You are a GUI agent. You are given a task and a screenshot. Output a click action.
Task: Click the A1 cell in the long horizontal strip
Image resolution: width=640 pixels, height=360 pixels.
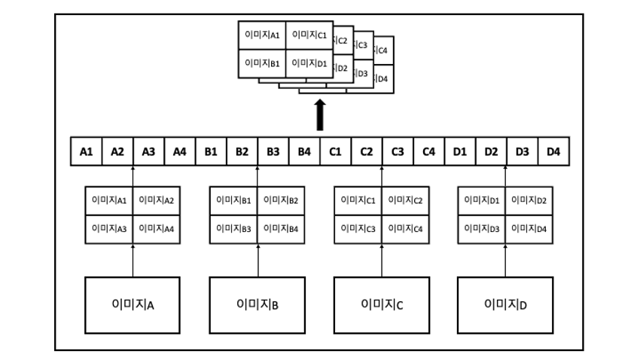coord(87,151)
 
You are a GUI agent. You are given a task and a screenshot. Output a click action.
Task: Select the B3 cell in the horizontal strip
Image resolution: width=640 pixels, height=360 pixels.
coord(273,151)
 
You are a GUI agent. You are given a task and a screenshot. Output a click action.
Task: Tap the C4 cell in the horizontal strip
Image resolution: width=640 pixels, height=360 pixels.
coord(428,151)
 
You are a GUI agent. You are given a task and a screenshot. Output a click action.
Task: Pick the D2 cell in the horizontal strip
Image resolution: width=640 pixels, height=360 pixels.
coord(491,151)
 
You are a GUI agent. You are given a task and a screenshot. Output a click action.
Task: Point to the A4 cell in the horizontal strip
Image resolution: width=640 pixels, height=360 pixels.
coord(179,151)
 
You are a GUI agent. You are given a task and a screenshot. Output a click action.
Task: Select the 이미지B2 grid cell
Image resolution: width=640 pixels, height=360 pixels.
coord(282,200)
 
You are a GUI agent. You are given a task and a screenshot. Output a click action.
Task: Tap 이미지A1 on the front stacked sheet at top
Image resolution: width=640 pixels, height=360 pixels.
coord(262,35)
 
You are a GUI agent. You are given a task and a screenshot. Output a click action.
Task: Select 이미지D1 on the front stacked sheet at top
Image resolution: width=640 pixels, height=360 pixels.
coord(309,63)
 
